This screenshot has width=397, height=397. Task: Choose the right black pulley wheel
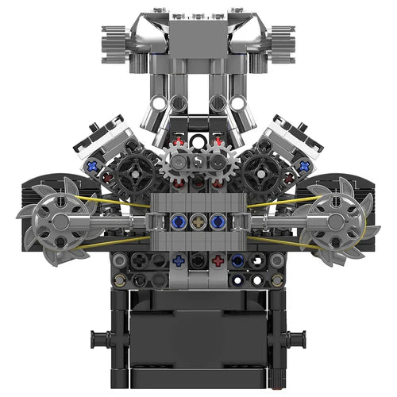click(x=270, y=168)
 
